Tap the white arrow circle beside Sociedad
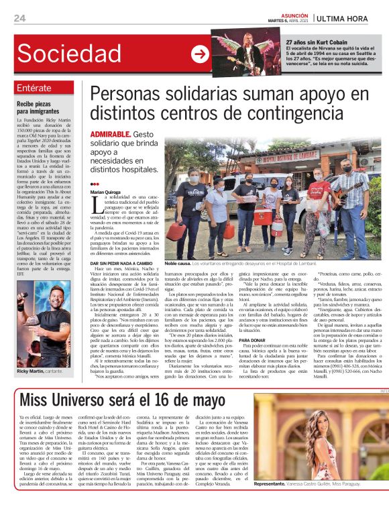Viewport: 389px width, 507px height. click(x=201, y=55)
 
